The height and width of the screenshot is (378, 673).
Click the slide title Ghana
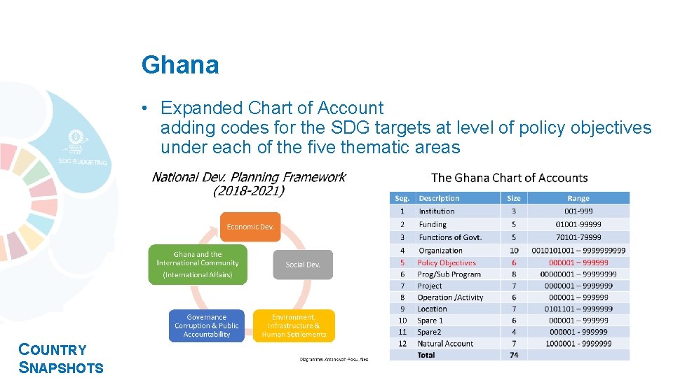(180, 65)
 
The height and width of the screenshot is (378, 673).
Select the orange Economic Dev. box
(250, 227)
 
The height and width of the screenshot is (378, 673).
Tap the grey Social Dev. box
(303, 265)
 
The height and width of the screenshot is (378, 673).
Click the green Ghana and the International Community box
(198, 264)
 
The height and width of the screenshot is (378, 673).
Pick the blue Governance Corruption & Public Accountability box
(207, 325)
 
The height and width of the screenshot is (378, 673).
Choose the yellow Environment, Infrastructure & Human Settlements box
(294, 325)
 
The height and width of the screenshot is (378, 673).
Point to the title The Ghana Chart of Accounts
(510, 178)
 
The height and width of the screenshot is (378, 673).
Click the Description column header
(439, 199)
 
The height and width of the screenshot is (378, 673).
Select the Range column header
(578, 199)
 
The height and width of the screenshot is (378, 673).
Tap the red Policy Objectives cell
(447, 262)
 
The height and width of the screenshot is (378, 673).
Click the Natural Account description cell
(446, 344)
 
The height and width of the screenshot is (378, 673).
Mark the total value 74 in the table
(514, 355)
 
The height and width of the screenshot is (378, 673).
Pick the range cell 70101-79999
(578, 237)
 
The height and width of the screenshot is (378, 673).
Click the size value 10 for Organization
(514, 250)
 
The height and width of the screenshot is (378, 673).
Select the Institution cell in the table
(437, 211)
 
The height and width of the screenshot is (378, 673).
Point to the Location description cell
(433, 309)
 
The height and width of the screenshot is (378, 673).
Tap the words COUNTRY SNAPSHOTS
(61, 358)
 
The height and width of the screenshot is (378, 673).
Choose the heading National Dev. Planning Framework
(249, 177)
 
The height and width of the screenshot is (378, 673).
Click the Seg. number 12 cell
(402, 344)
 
